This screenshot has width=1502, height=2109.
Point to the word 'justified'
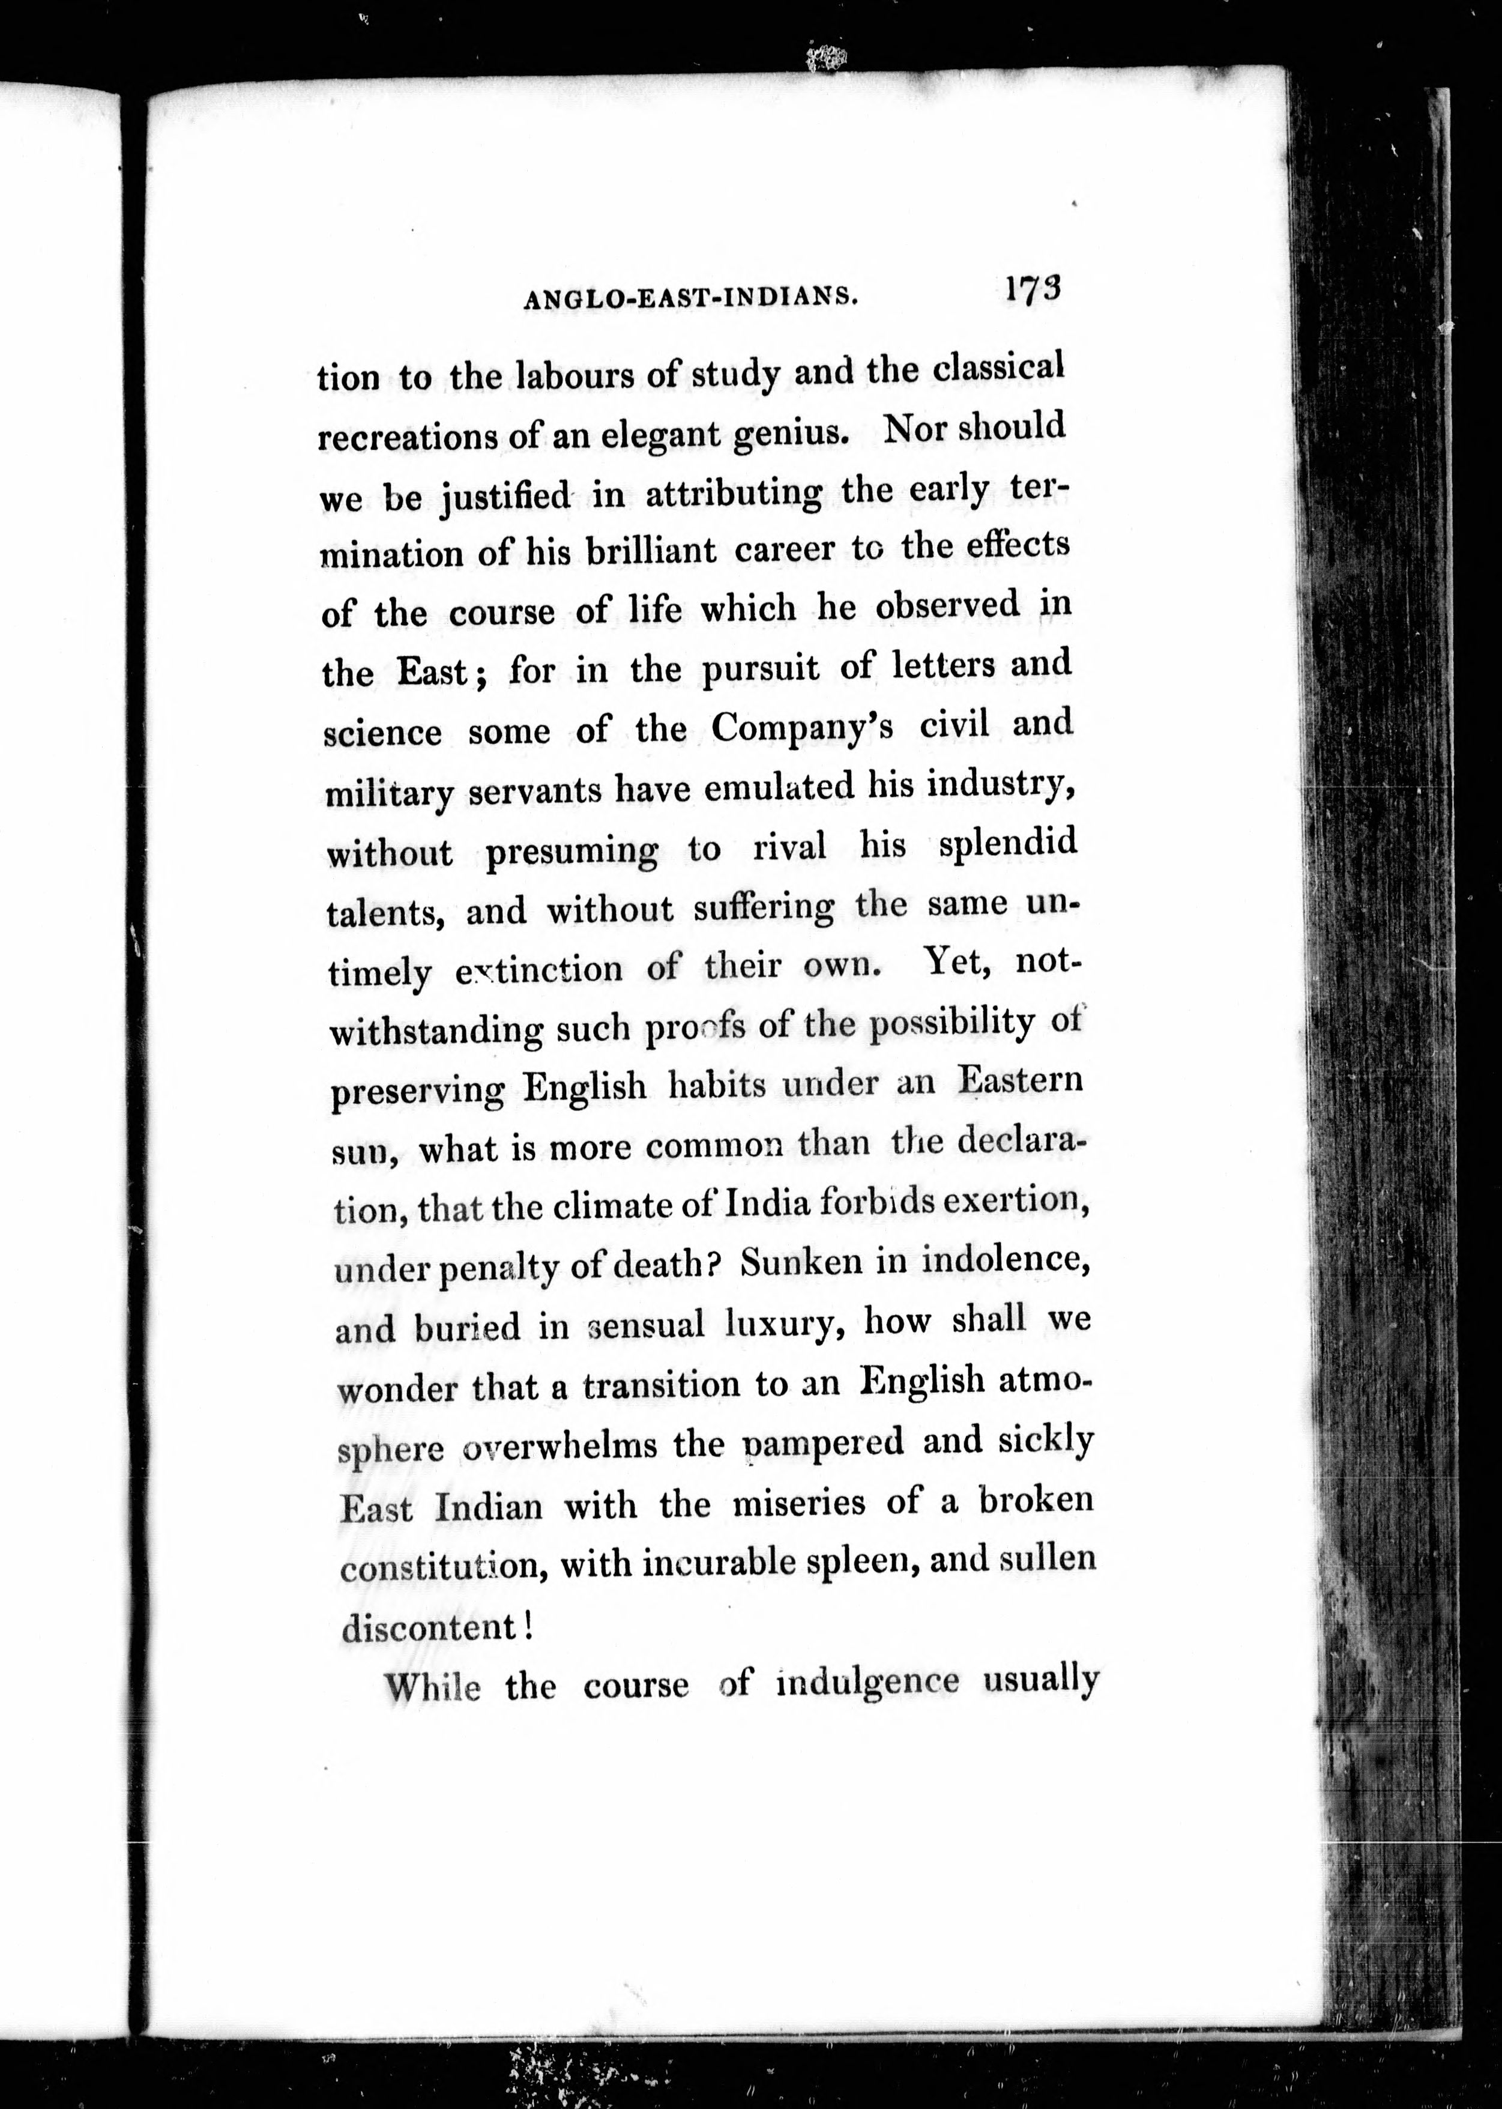click(x=505, y=498)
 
